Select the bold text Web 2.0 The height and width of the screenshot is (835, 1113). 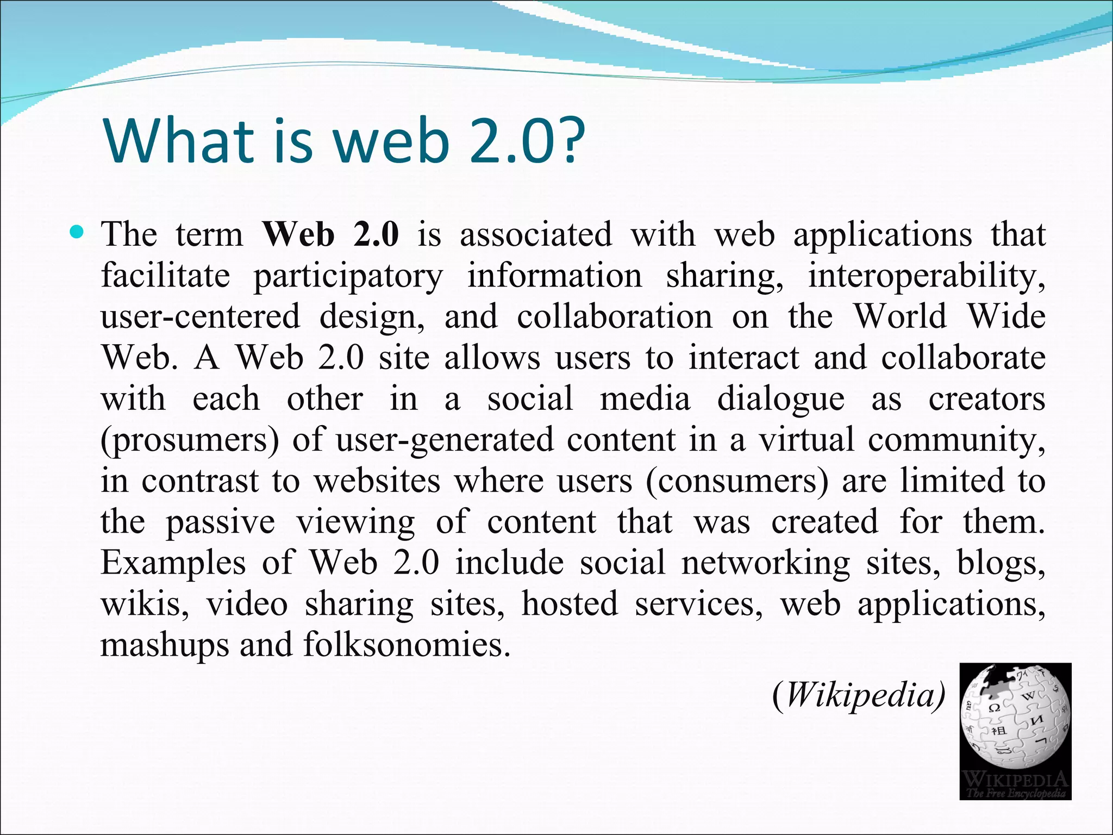330,235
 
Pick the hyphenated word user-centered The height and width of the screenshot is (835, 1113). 200,316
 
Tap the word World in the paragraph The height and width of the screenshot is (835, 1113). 899,316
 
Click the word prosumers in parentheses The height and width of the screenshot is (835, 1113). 190,440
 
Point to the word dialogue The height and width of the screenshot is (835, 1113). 781,399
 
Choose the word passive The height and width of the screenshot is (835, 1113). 220,522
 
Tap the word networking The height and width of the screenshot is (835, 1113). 766,563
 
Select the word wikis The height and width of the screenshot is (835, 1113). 145,604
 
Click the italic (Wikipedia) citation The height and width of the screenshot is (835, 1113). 859,695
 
